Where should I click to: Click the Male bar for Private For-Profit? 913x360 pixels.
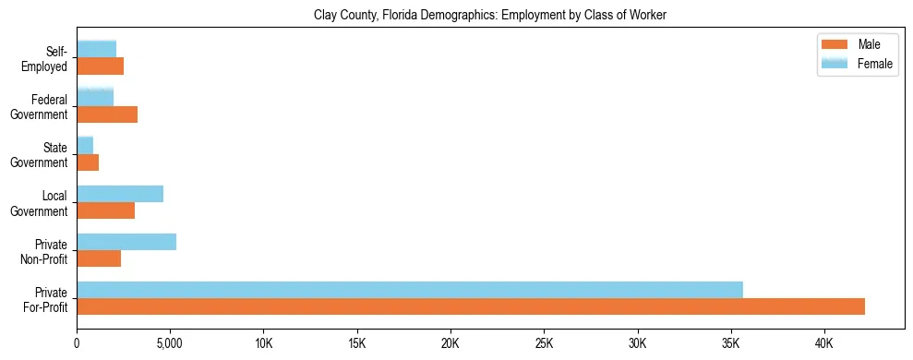click(x=471, y=306)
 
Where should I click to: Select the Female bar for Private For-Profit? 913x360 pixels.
click(x=410, y=290)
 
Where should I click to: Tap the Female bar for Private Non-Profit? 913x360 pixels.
click(x=126, y=242)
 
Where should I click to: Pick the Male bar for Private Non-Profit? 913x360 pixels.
click(x=99, y=258)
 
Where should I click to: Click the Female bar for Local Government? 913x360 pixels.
click(x=120, y=194)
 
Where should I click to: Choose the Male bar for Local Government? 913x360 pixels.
click(x=106, y=210)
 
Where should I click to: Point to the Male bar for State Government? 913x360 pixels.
click(x=88, y=162)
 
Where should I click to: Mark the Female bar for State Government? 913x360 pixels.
click(x=85, y=146)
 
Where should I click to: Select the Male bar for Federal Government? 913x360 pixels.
click(x=107, y=114)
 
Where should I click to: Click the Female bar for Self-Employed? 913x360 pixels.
click(x=97, y=50)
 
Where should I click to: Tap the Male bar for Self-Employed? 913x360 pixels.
click(x=101, y=66)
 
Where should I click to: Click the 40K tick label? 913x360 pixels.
click(x=824, y=343)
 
